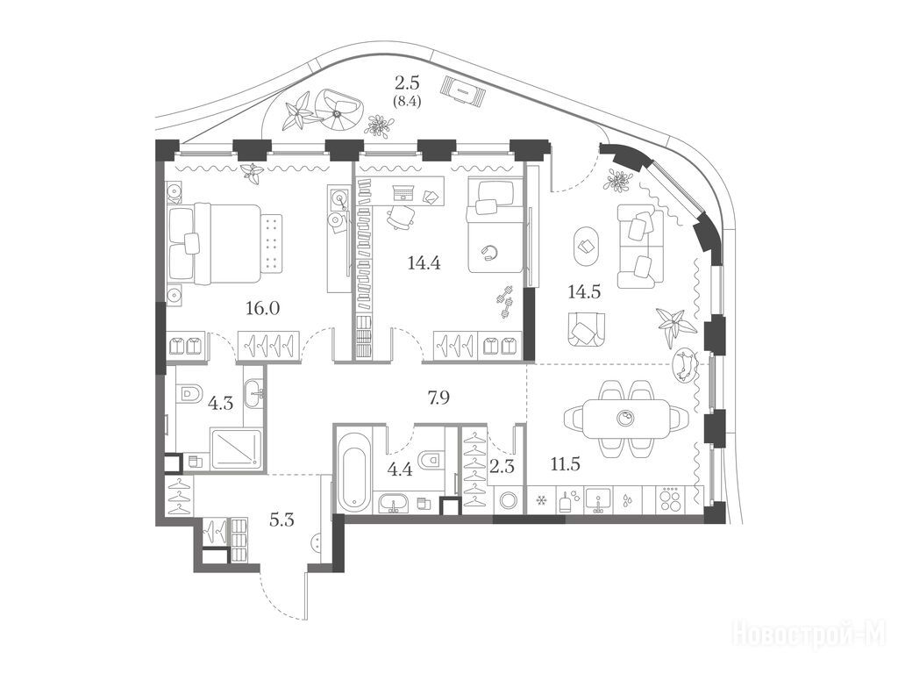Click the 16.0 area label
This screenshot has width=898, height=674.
[x=263, y=309]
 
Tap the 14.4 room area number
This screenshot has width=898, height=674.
[x=424, y=263]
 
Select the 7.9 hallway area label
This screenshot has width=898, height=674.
[x=438, y=398]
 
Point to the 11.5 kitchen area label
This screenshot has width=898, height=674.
[x=566, y=463]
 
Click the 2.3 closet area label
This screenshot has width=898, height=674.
[x=502, y=467]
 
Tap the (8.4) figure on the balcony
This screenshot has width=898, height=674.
[x=406, y=104]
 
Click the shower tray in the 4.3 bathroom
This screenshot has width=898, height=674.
[x=236, y=448]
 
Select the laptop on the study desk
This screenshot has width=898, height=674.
[x=404, y=191]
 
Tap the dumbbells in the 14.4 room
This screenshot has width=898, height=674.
[x=505, y=301]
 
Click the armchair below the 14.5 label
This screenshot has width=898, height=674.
[x=586, y=328]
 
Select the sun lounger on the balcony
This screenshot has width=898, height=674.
[x=463, y=90]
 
